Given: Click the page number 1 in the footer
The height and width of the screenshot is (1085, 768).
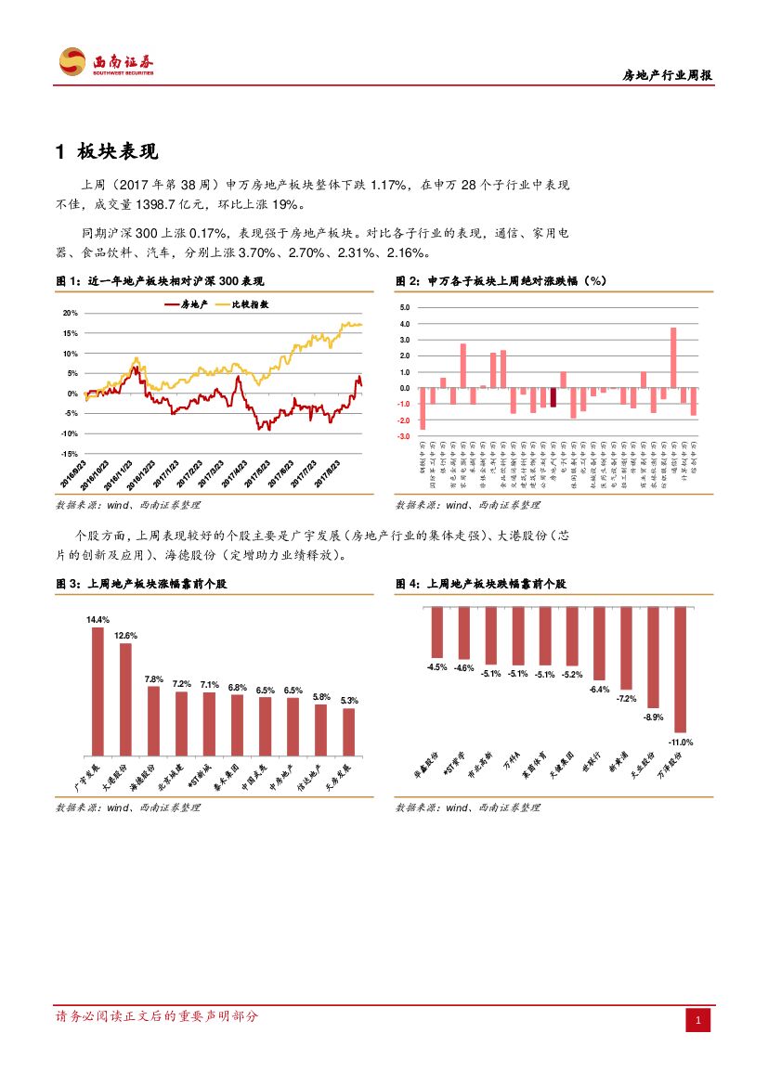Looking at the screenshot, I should pyautogui.click(x=698, y=1021).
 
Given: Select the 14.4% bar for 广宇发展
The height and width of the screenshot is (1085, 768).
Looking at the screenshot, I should pyautogui.click(x=98, y=691).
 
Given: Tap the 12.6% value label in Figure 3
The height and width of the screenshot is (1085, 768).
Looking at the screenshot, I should pyautogui.click(x=125, y=636).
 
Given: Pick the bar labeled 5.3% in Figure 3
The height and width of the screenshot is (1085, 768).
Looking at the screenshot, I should pyautogui.click(x=348, y=731).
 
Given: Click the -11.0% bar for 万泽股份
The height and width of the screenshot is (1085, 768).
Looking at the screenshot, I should pyautogui.click(x=681, y=670).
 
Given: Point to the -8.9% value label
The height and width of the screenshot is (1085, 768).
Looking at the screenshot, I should pyautogui.click(x=654, y=717).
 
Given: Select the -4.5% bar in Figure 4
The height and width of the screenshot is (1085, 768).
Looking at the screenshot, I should pyautogui.click(x=436, y=632).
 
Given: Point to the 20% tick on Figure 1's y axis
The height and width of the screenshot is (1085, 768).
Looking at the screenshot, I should pyautogui.click(x=71, y=314).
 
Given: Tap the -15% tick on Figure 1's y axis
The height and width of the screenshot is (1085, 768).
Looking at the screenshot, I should pyautogui.click(x=69, y=454).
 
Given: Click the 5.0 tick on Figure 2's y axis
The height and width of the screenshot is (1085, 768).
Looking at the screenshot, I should pyautogui.click(x=404, y=307).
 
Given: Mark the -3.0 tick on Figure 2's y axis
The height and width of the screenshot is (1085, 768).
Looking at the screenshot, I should pyautogui.click(x=403, y=436).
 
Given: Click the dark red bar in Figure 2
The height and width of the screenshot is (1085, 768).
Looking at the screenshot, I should pyautogui.click(x=553, y=397).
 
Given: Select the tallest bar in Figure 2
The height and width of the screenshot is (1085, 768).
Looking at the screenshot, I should pyautogui.click(x=673, y=357).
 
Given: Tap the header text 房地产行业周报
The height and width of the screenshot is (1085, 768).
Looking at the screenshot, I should pyautogui.click(x=667, y=76).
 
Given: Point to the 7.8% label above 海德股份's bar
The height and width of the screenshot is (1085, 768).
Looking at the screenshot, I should pyautogui.click(x=153, y=679).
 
